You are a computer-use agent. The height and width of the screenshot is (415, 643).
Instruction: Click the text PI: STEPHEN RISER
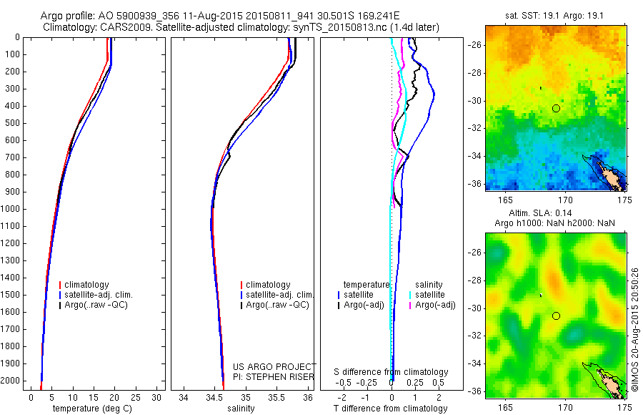tap(274, 376)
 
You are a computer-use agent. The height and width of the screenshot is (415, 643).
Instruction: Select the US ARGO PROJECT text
tap(274, 366)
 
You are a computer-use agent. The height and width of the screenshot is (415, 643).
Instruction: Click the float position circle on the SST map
tap(556, 108)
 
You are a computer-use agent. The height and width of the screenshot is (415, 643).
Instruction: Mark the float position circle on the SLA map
tap(556, 316)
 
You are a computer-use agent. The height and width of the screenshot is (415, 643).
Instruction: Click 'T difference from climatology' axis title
tap(390, 409)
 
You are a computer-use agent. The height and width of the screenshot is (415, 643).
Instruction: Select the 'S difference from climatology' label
tap(391, 372)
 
